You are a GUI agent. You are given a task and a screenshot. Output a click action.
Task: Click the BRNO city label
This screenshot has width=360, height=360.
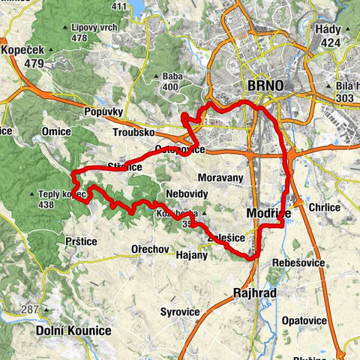265,86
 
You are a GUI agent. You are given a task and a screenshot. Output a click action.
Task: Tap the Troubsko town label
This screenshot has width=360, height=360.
133,131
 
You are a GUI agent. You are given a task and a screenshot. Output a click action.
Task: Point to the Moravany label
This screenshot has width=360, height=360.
220,178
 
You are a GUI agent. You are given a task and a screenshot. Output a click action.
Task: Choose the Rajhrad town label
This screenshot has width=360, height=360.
256,291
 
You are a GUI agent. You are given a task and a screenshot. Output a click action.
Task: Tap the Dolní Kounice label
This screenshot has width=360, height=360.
73,330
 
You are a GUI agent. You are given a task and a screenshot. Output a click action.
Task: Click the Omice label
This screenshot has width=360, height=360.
57,132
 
